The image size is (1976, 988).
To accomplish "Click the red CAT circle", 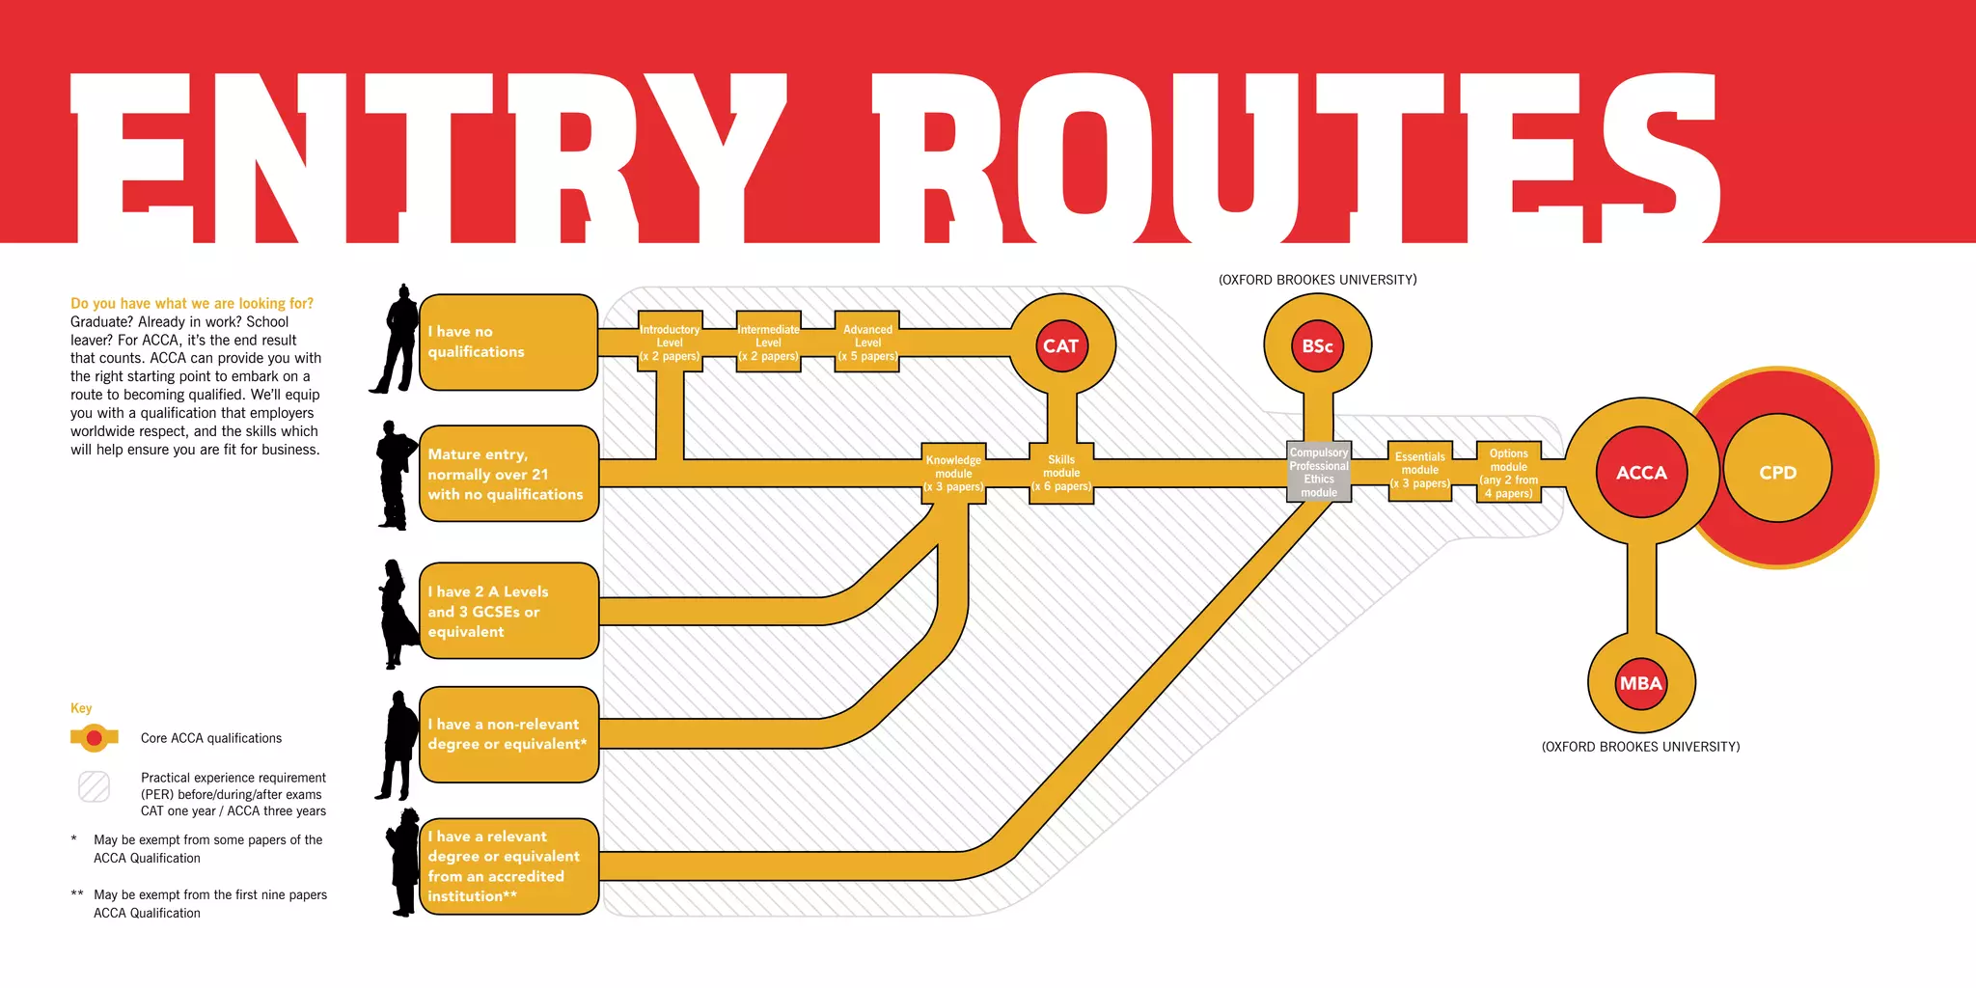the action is click(1060, 345).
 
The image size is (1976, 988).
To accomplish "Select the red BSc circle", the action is click(1317, 345).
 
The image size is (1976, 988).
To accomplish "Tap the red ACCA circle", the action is click(1641, 472).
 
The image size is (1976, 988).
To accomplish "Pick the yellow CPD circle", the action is click(1777, 472).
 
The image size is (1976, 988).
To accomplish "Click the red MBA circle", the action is click(1640, 683).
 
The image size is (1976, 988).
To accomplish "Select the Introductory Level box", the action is click(670, 343).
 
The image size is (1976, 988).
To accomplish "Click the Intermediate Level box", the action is click(768, 343).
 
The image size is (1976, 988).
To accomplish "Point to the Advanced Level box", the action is click(867, 343).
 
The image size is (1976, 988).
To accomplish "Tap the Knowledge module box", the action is click(953, 473).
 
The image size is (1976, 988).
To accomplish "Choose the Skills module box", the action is click(1061, 473).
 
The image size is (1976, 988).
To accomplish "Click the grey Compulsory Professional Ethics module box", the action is click(1319, 472).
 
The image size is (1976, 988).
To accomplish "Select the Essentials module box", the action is click(1420, 471).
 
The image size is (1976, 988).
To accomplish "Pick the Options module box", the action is click(1509, 473).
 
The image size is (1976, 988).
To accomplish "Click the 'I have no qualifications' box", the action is click(508, 343).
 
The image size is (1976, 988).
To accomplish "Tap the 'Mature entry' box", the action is click(508, 474).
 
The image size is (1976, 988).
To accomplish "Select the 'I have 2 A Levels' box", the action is click(508, 611).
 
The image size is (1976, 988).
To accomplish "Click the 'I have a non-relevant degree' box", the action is click(508, 734).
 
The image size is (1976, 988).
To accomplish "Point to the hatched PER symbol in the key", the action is click(95, 786).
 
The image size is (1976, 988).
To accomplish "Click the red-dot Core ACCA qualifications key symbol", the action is click(95, 738).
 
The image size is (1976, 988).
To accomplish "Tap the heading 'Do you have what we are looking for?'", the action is click(192, 303).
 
